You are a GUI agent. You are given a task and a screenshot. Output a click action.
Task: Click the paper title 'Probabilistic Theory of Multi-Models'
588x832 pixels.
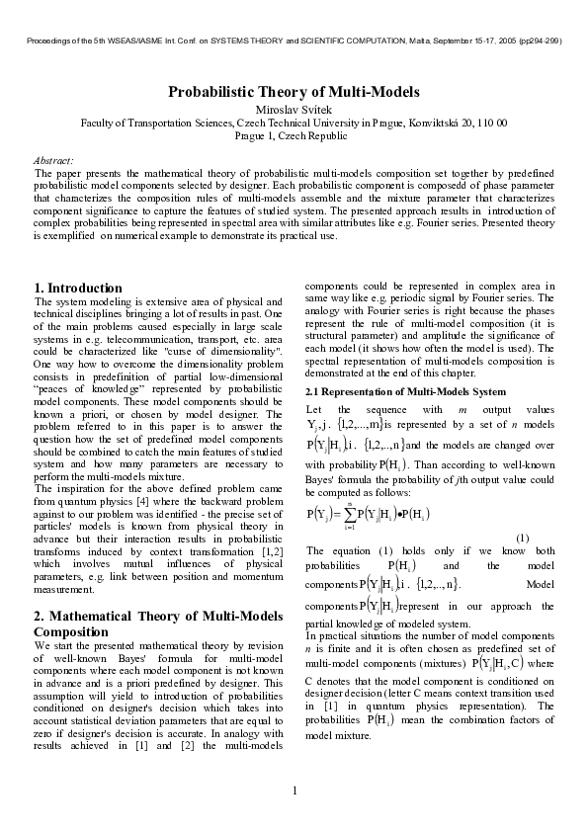coord(294,92)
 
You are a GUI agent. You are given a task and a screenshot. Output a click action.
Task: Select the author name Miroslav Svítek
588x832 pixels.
coord(294,108)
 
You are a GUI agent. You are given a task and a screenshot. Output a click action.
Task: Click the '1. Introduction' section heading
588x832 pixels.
coord(78,288)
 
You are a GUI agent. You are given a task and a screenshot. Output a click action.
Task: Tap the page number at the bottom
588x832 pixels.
coord(294,790)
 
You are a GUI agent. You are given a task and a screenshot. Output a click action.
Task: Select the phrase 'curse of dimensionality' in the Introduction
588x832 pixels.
coord(226,351)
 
